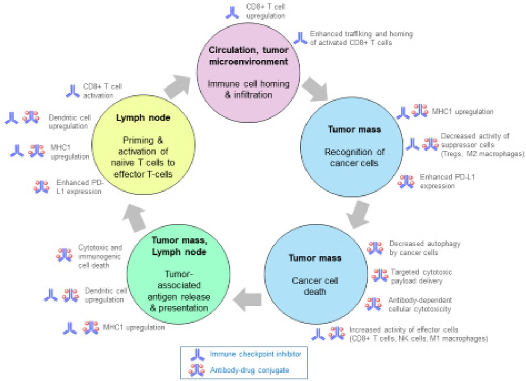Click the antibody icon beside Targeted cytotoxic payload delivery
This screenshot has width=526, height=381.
pos(380,275)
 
